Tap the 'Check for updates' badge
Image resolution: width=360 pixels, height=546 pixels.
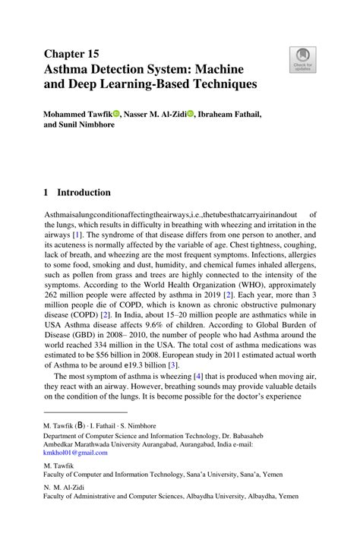click(x=302, y=60)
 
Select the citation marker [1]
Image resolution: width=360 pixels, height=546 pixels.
click(x=77, y=236)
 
